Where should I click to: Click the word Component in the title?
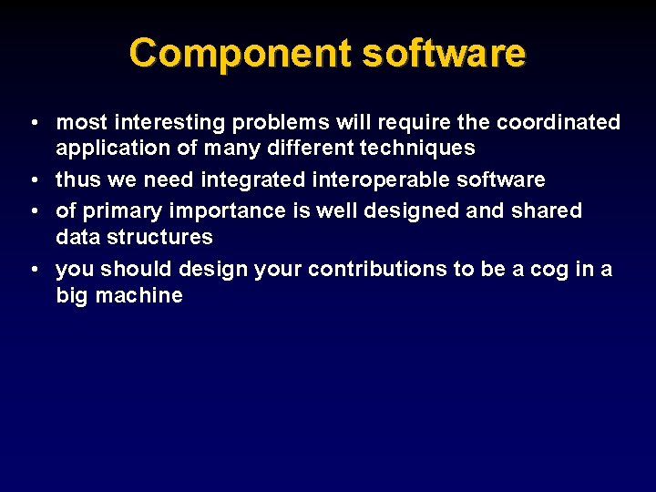pos(241,53)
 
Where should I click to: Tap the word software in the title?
pos(444,53)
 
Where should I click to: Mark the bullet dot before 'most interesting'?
pos(32,123)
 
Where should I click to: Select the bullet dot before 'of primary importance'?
pos(32,211)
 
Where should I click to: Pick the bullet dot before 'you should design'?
pos(32,270)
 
